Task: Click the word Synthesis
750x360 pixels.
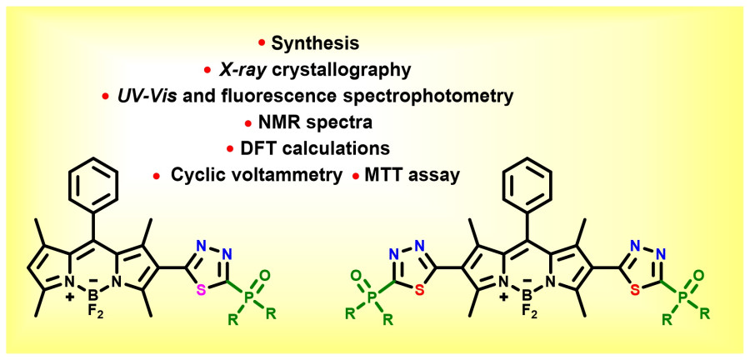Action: pos(312,42)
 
